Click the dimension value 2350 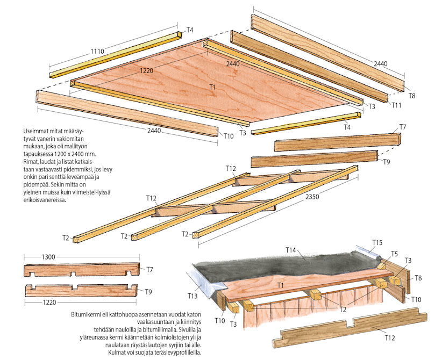click(312, 197)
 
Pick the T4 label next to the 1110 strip click(190, 30)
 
